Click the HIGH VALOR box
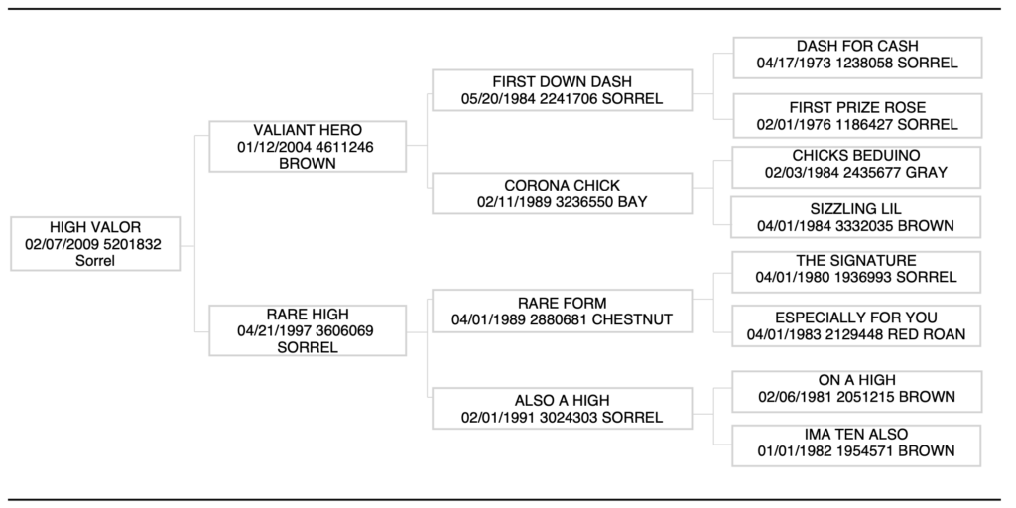coord(95,244)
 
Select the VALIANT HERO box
coord(308,147)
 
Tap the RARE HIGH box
coord(308,330)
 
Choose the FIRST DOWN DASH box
coord(562,90)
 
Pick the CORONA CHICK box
coord(562,192)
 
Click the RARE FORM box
coord(562,311)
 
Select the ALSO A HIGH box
coord(562,408)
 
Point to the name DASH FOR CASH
coord(857,46)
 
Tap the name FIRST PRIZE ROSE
coord(857,107)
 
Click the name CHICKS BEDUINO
coord(857,156)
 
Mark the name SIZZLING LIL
coord(857,209)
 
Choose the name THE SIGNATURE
coord(857,261)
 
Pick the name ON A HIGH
coord(857,380)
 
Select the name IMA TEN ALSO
coord(857,434)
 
